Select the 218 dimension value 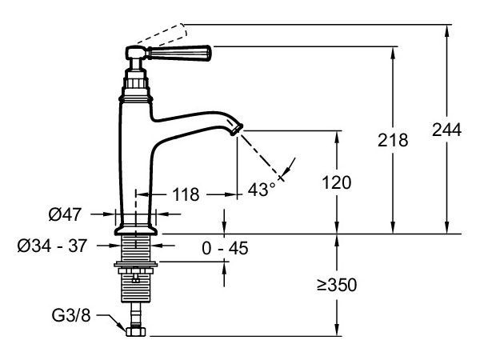pyautogui.click(x=393, y=140)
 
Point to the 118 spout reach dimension pyautogui.click(x=186, y=194)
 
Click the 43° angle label pyautogui.click(x=262, y=189)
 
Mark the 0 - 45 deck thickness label pyautogui.click(x=225, y=248)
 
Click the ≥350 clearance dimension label pyautogui.click(x=337, y=285)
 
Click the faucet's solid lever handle pyautogui.click(x=186, y=54)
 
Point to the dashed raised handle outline pyautogui.click(x=165, y=33)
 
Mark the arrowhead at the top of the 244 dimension pyautogui.click(x=446, y=29)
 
